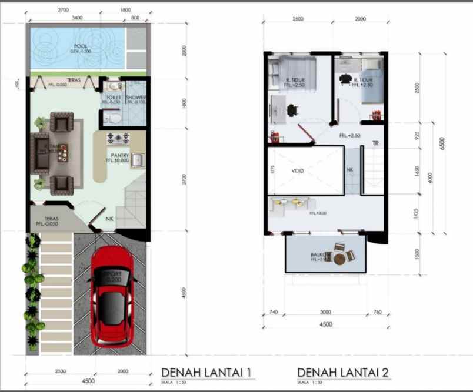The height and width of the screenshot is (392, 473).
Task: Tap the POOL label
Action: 81,46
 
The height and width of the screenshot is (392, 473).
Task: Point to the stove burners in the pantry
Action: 118,139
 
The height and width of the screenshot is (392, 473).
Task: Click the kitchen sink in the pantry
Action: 137,160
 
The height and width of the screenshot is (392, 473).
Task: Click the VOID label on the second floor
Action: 298,171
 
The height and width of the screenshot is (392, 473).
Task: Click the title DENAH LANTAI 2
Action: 342,372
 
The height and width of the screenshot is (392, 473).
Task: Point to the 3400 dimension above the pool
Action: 77,18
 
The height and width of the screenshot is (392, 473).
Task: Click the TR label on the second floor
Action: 375,144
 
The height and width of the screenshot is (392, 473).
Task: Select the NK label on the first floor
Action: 109,219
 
